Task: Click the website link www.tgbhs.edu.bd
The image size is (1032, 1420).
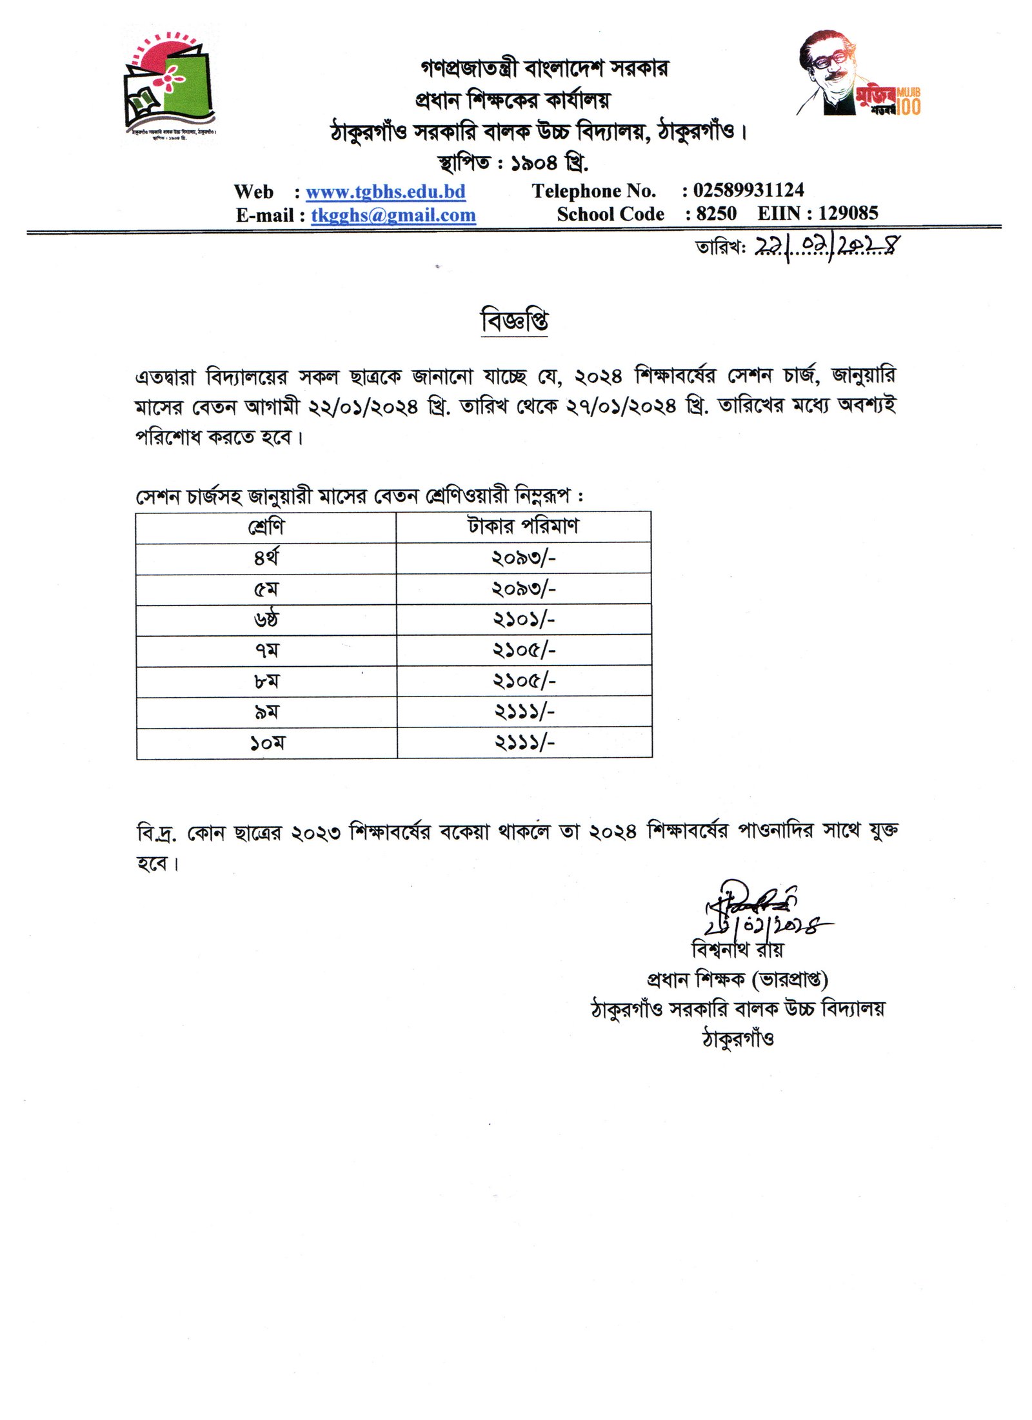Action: [x=385, y=192]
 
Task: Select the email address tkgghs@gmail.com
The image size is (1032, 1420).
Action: [x=393, y=215]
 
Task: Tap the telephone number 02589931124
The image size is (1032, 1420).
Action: [x=748, y=190]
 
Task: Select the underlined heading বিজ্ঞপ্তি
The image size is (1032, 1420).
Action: [x=515, y=320]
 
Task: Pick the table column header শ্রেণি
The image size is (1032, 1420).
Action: [x=266, y=528]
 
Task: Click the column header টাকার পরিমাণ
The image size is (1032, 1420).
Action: [x=523, y=526]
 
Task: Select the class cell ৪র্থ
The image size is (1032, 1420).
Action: [x=266, y=558]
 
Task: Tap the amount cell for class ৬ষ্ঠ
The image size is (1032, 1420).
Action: [x=523, y=619]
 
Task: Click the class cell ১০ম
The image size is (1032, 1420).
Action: [x=266, y=743]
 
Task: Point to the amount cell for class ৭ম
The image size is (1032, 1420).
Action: [x=523, y=650]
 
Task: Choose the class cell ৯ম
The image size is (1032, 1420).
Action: [x=266, y=712]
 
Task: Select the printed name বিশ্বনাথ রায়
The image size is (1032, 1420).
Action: [x=737, y=949]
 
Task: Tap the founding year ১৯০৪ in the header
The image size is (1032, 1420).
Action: [x=533, y=163]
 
